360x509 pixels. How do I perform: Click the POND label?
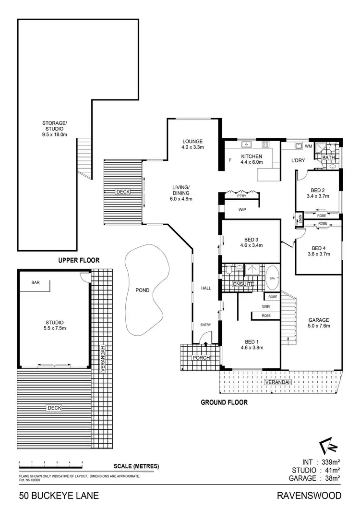point(142,290)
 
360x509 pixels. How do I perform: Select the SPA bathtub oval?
point(272,278)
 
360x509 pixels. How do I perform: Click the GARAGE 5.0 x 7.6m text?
point(318,323)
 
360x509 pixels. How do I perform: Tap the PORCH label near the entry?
point(198,358)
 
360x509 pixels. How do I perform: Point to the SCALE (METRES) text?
point(136,466)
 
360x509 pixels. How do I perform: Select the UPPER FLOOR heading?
point(79,260)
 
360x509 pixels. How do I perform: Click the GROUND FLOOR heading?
point(224,402)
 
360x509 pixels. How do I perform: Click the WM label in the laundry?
point(308,145)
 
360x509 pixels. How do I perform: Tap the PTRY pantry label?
point(241,196)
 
